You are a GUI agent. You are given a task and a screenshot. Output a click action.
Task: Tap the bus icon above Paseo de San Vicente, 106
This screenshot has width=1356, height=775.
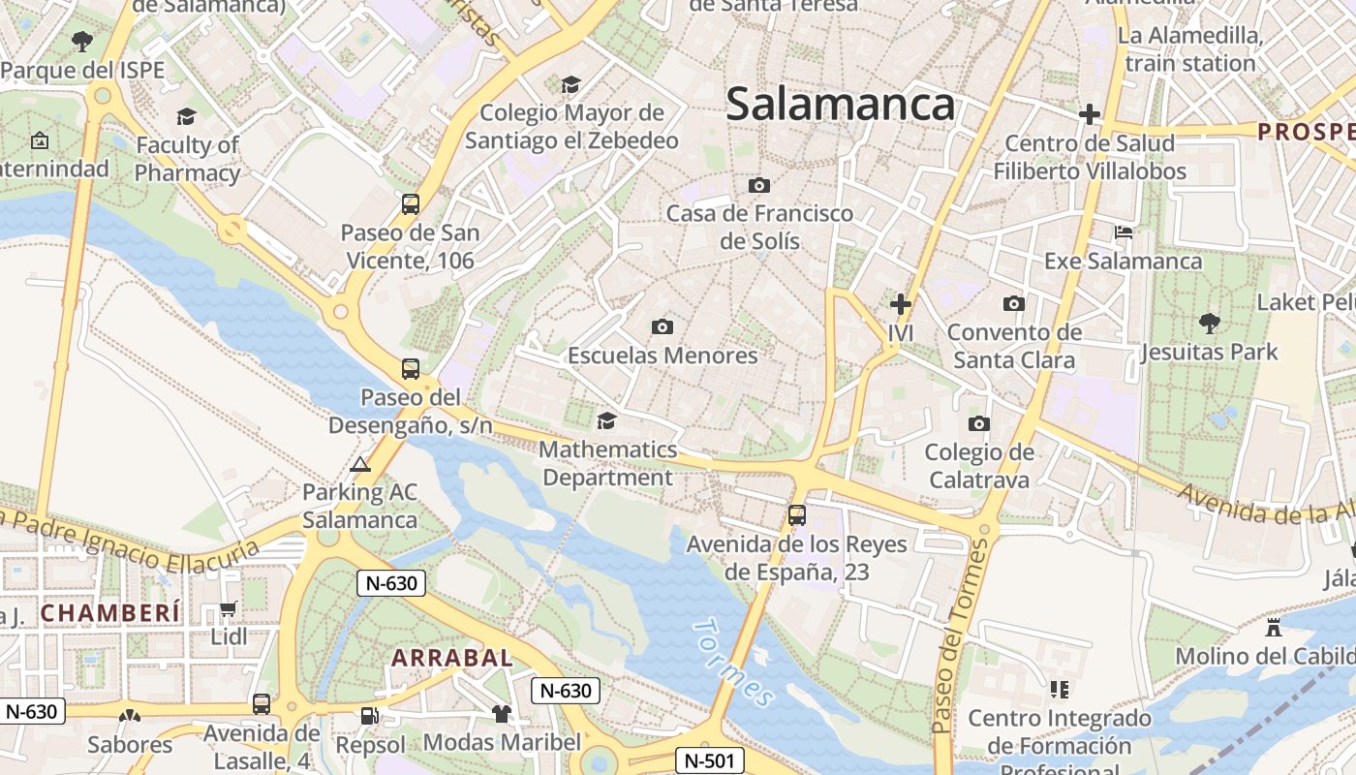411,204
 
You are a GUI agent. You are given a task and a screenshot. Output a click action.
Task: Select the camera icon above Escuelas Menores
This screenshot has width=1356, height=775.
663,326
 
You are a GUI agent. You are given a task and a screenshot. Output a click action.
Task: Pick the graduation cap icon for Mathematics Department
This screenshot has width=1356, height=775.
606,420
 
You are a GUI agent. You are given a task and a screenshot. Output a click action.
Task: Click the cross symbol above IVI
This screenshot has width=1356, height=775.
901,304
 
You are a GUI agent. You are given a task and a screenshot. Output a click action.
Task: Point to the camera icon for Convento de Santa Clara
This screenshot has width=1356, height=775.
1013,303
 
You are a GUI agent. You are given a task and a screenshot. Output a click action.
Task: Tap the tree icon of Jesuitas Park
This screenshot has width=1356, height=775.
1209,323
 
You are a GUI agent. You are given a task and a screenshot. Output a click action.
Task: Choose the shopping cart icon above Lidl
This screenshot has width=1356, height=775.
229,608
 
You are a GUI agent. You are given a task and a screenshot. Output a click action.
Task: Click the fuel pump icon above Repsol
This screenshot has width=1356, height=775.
369,716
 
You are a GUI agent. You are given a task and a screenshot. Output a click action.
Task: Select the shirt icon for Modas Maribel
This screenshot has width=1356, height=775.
501,714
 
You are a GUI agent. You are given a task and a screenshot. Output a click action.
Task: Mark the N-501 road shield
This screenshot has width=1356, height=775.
709,760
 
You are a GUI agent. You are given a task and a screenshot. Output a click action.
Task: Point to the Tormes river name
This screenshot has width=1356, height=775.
734,663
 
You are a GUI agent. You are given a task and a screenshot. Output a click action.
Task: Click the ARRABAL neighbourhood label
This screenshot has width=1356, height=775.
451,658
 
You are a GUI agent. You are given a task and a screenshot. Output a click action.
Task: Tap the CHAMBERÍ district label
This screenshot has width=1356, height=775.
110,612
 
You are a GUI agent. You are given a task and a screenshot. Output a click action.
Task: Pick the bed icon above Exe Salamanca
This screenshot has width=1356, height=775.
1124,232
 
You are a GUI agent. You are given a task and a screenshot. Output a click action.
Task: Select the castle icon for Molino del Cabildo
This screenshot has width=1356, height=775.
1274,628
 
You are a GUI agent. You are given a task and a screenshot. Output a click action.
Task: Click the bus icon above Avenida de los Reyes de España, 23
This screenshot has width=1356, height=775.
796,515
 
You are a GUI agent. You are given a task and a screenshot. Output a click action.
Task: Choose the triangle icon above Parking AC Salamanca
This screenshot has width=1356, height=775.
360,464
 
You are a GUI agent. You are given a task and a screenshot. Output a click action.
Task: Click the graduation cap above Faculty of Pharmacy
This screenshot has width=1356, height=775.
186,117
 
